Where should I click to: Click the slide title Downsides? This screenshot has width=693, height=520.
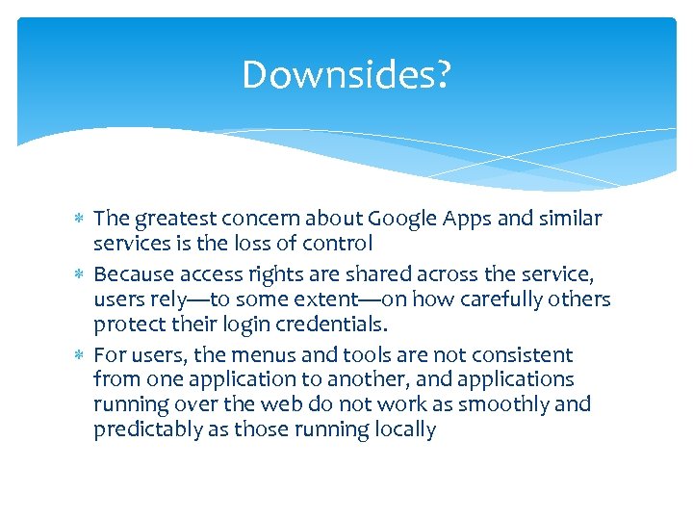(x=346, y=75)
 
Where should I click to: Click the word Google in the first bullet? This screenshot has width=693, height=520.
(x=407, y=219)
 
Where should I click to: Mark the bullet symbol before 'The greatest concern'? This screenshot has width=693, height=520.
(x=81, y=220)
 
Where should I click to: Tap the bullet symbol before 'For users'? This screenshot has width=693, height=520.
(x=81, y=356)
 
